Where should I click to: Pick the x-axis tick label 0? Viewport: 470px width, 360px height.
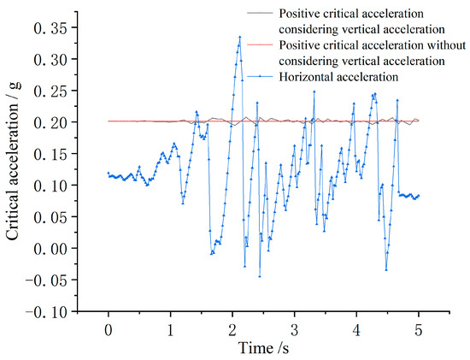click(x=109, y=328)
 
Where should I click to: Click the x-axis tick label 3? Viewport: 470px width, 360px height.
click(x=294, y=328)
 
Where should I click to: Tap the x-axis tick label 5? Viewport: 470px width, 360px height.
click(x=418, y=328)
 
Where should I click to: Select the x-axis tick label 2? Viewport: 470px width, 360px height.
click(x=232, y=328)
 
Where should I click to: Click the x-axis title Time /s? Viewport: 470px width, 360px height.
click(x=263, y=348)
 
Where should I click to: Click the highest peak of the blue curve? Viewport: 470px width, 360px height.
click(x=240, y=37)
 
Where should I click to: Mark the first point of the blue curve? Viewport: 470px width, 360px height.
click(x=109, y=174)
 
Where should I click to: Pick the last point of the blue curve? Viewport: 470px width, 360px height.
click(x=419, y=195)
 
